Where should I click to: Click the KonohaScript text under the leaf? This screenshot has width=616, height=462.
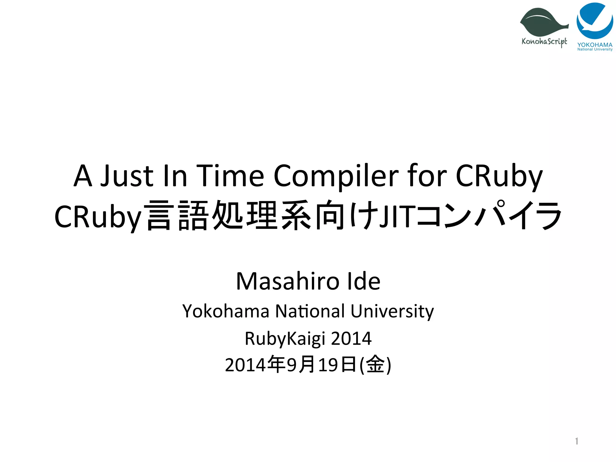coord(544,42)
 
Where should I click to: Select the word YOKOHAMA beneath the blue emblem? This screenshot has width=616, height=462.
coord(595,45)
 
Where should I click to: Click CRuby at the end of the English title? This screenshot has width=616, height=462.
coord(499,176)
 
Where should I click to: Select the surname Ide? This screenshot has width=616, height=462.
coord(364,281)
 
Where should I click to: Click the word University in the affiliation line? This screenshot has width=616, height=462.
coord(392,311)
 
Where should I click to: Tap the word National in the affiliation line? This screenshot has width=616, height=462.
coord(310,311)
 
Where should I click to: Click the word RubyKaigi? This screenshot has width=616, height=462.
coord(285,339)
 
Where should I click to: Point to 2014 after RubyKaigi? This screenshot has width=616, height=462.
coord(351,338)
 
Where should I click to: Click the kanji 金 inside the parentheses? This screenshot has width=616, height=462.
coord(376,365)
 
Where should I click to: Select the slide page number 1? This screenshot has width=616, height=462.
coord(576,441)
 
